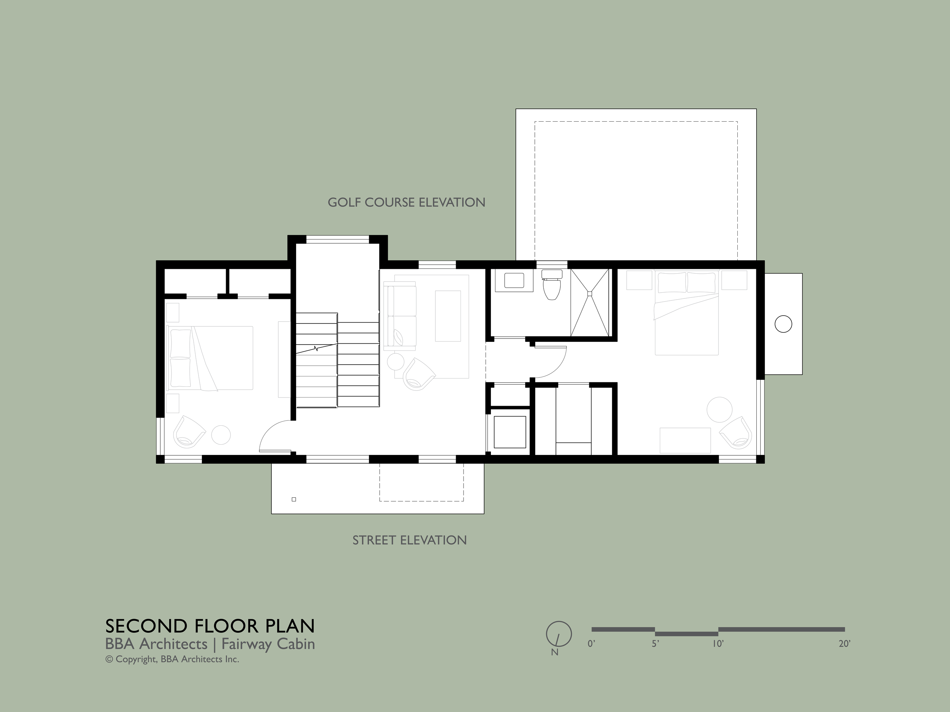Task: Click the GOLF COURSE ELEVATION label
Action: [406, 202]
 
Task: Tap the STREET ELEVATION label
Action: [409, 540]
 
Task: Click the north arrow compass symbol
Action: [559, 634]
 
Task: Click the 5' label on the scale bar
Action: [655, 644]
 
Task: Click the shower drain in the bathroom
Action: [590, 294]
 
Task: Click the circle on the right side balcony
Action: [783, 324]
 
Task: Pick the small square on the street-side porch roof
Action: [294, 499]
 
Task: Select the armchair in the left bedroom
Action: [189, 431]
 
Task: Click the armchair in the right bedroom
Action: [736, 432]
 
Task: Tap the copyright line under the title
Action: [172, 659]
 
